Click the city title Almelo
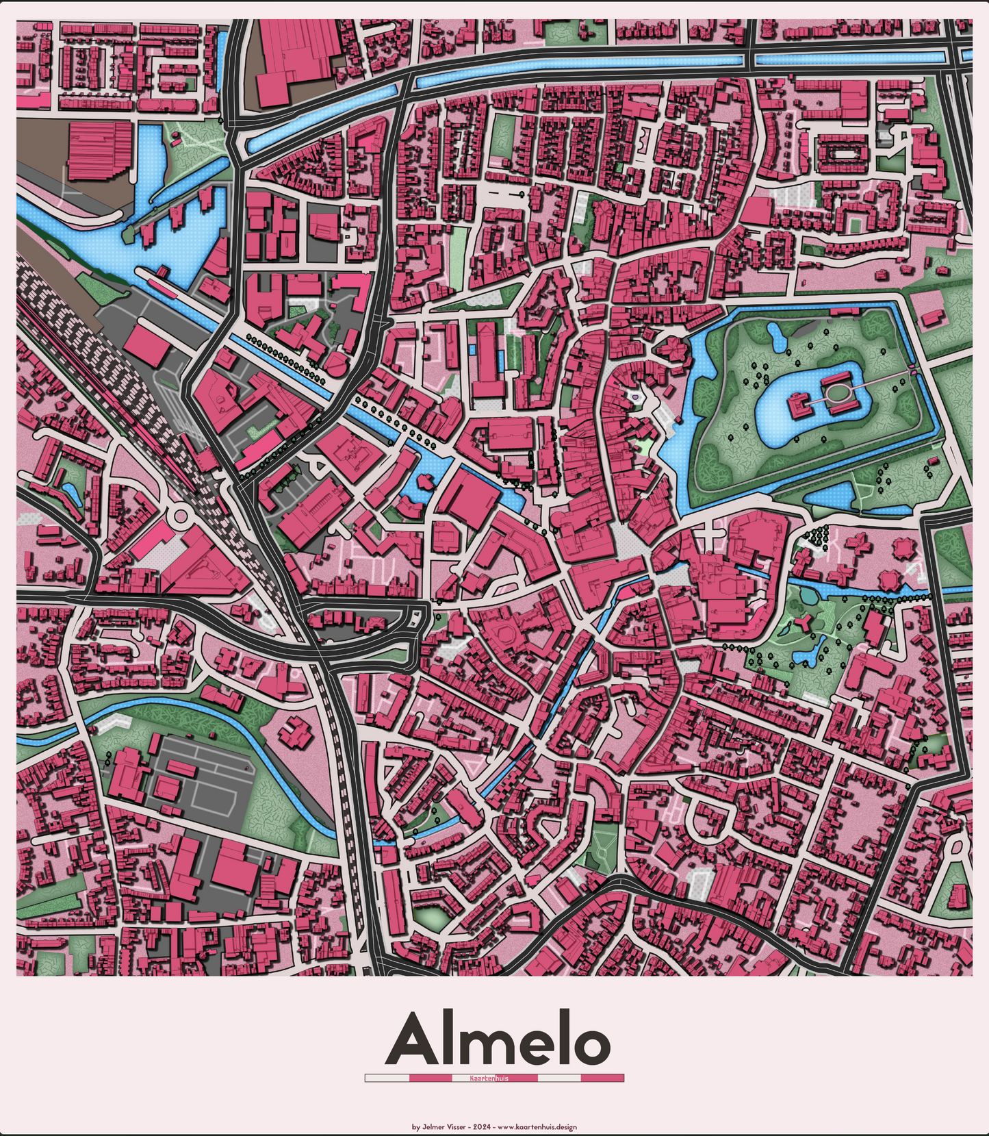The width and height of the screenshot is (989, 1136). [x=497, y=1039]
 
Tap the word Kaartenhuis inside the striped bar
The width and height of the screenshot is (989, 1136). [x=489, y=1078]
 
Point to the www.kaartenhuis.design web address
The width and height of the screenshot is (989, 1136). [x=537, y=1126]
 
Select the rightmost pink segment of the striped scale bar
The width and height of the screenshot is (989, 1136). [x=602, y=1078]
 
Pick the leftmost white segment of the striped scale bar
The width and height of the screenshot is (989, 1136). [x=387, y=1078]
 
